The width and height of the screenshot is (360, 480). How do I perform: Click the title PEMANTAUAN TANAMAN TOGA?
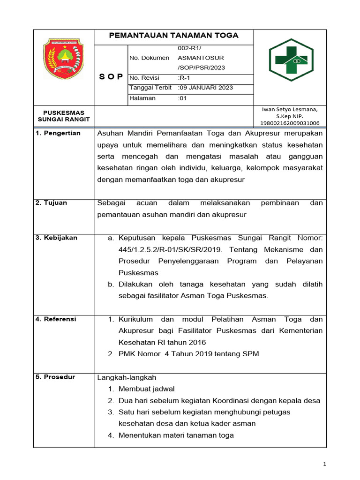[173, 36]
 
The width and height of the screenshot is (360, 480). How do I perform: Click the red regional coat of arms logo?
[63, 59]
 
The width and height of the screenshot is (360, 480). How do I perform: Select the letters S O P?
[111, 77]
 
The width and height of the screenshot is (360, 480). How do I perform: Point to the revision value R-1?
[185, 77]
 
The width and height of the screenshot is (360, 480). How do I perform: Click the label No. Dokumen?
[149, 58]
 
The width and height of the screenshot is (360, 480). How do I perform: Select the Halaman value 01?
[182, 98]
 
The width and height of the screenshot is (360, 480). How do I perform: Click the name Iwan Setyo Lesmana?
[290, 109]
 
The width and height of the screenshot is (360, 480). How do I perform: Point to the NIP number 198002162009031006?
[290, 123]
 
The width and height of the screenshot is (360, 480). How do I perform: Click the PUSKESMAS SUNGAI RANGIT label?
[64, 116]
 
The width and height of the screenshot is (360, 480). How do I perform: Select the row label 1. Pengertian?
[58, 133]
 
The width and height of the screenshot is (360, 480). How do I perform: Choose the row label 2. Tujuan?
[52, 203]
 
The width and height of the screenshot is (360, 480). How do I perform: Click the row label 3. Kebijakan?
[56, 238]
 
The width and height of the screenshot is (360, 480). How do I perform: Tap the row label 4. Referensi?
[56, 319]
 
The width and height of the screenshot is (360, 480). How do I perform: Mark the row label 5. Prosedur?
[55, 377]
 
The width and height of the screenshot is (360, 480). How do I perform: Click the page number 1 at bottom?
[325, 464]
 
